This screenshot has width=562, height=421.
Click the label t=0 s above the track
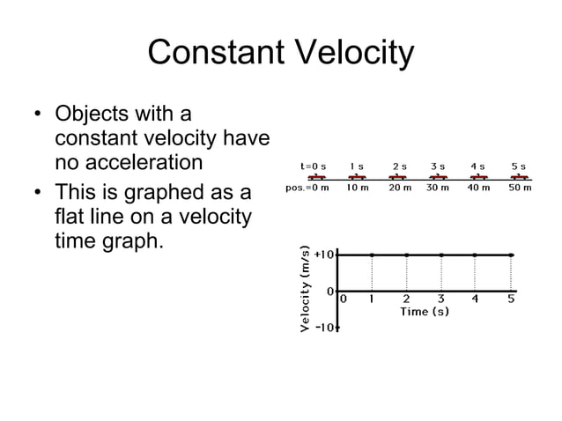(313, 166)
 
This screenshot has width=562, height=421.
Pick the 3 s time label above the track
(438, 166)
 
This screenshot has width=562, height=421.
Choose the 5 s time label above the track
(519, 166)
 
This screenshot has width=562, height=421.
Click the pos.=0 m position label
(307, 188)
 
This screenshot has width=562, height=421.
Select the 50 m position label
(520, 188)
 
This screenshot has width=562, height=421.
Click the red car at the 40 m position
(478, 177)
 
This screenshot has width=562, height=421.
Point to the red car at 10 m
(358, 177)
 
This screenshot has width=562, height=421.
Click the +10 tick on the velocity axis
(325, 255)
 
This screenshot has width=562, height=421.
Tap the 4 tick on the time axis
(475, 299)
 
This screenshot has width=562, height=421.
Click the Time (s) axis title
(425, 312)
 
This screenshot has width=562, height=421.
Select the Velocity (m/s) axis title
(305, 290)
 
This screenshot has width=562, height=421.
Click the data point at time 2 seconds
(406, 255)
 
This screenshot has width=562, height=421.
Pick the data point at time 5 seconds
(512, 255)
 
